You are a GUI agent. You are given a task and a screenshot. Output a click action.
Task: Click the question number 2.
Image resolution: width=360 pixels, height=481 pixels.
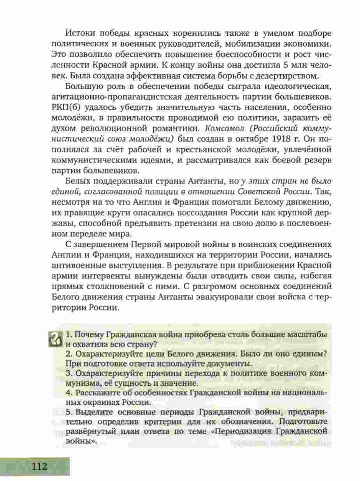(68, 354)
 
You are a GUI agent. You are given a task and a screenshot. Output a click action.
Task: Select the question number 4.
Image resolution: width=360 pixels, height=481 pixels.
(68, 392)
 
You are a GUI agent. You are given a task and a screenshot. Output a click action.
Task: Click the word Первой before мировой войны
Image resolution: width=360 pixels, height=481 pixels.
(150, 244)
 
